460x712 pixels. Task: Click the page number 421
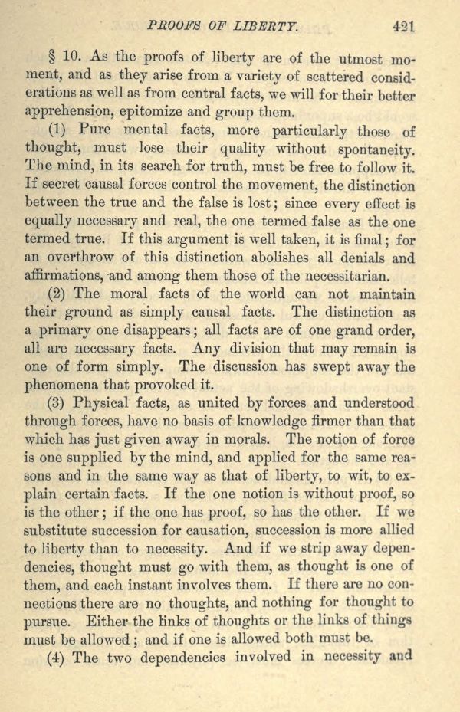[402, 25]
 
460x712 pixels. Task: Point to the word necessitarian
[324, 276]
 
